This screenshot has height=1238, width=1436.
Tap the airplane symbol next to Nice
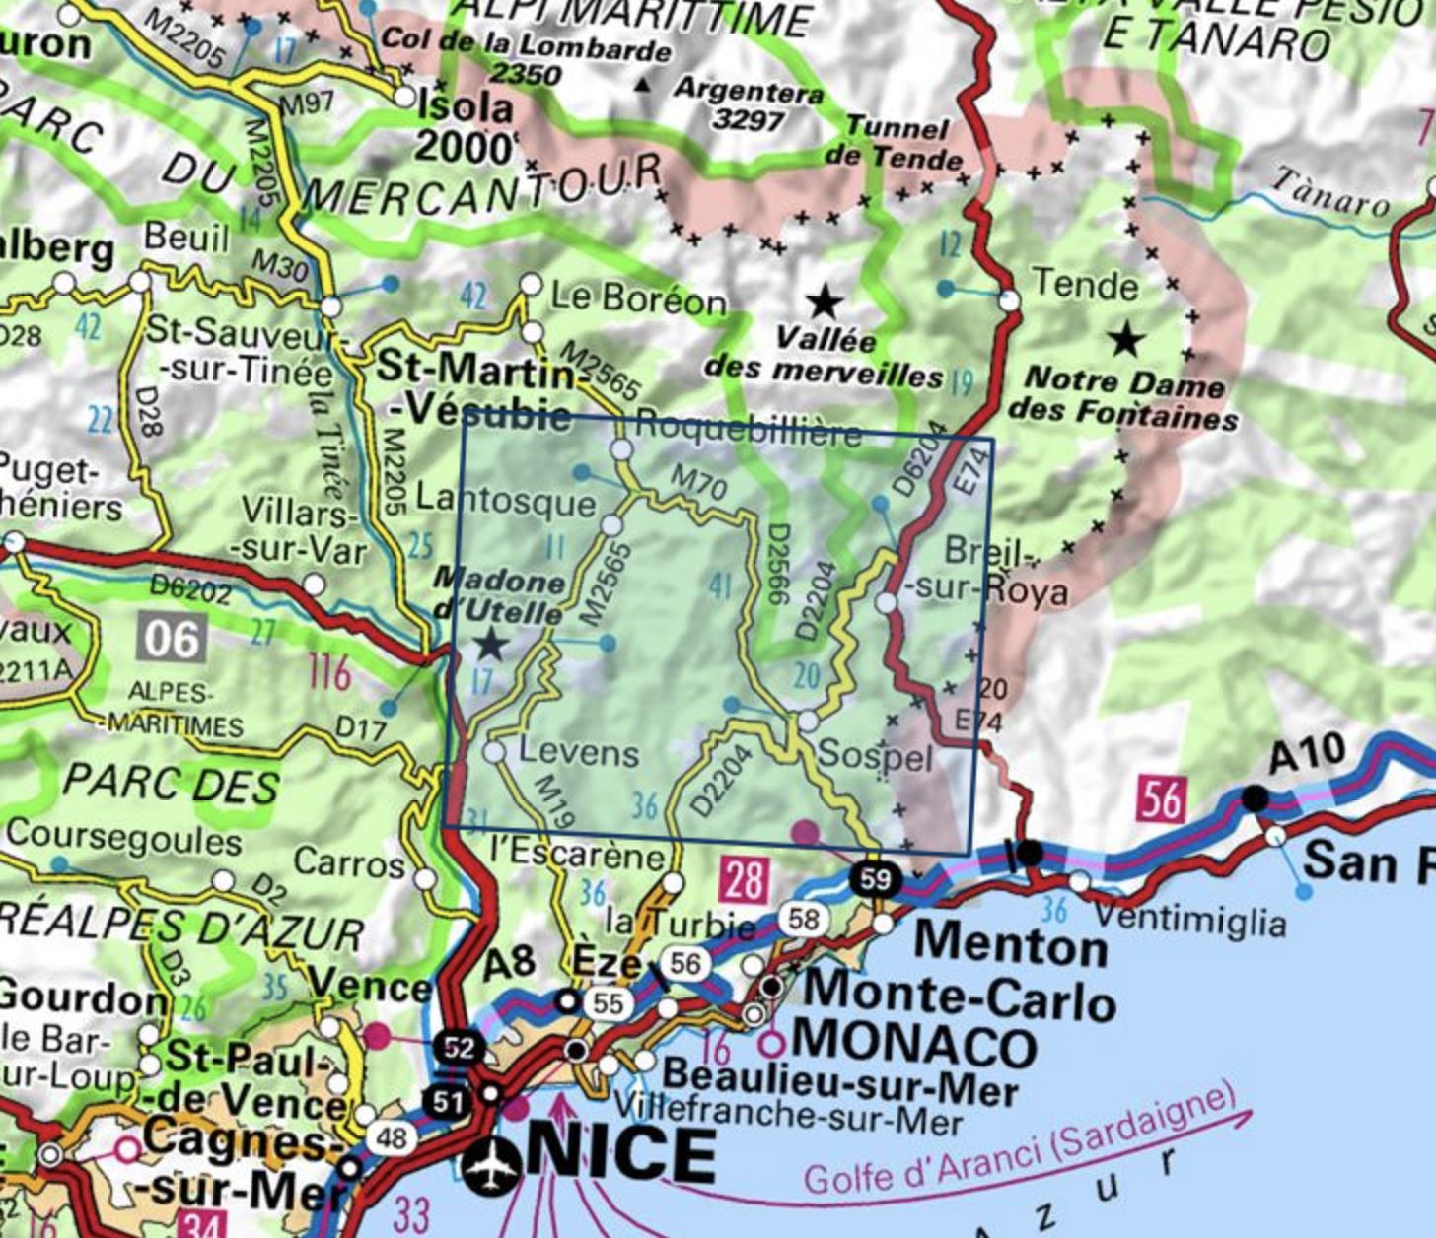pos(491,1167)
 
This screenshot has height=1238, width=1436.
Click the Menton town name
pos(1011,945)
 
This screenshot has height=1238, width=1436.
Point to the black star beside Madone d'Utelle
pos(490,646)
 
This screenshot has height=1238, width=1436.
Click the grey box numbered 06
pos(172,639)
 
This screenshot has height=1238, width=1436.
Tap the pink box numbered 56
pos(1160,799)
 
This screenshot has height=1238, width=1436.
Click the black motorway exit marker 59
pos(875,877)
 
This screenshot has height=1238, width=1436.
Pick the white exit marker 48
pos(392,1138)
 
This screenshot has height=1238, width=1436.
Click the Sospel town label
pos(875,757)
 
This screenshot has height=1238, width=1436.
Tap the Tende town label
pos(1085,286)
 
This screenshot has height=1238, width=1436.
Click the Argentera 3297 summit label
pos(750,104)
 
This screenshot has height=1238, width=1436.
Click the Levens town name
pos(578,753)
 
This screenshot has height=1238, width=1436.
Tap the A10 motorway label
pos(1305,755)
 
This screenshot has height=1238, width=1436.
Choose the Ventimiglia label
pos(1190,920)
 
